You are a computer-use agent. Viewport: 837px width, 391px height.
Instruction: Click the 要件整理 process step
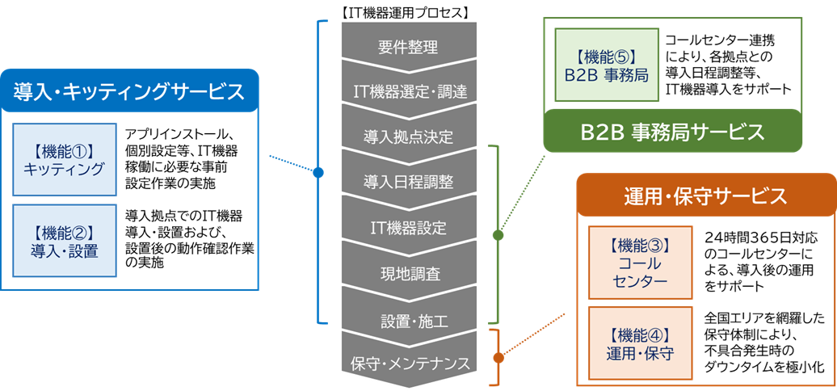[408, 46]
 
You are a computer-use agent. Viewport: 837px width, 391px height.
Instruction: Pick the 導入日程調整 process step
[408, 181]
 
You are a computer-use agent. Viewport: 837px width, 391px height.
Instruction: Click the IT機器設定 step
[408, 227]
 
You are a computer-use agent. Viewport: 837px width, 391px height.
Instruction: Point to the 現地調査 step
[408, 273]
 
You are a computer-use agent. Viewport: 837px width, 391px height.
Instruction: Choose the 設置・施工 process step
[408, 319]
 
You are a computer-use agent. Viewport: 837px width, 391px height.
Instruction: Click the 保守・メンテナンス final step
[408, 363]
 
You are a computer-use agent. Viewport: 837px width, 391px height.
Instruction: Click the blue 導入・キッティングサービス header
[129, 91]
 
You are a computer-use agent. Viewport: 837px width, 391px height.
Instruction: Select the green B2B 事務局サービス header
[672, 132]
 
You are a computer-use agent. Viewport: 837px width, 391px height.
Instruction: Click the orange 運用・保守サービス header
[705, 195]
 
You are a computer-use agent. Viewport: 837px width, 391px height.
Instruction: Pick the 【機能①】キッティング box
[65, 159]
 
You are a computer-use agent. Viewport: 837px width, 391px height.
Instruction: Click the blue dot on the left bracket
[318, 172]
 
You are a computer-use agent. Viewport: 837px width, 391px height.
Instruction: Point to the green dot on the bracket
[498, 235]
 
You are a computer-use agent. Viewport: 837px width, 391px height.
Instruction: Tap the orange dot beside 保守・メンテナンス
[498, 357]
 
